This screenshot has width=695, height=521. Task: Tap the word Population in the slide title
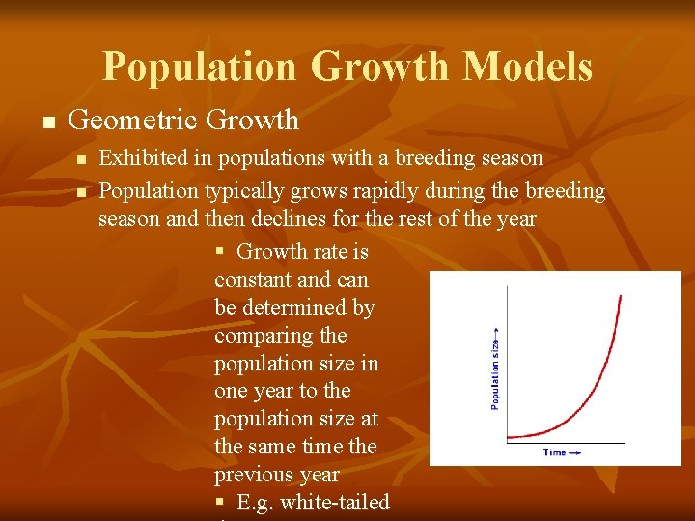coord(200,67)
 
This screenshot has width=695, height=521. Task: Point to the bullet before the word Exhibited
coord(81,159)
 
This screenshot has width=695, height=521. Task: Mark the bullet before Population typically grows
coord(81,193)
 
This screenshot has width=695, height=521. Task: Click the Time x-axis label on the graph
coord(556,452)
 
